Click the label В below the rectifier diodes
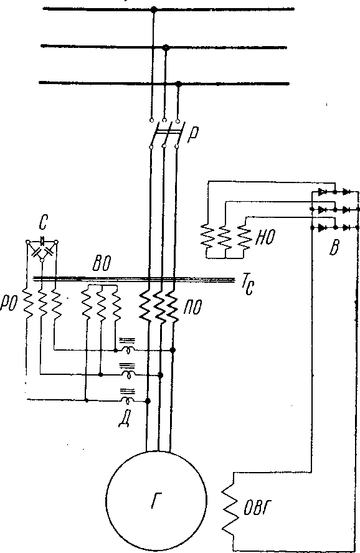click(334, 248)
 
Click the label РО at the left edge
click(9, 304)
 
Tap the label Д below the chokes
click(124, 419)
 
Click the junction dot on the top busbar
click(153, 9)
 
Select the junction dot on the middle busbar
click(167, 47)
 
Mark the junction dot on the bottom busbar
click(179, 84)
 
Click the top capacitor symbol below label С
click(42, 241)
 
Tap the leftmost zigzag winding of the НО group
click(207, 236)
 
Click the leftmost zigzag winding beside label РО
click(28, 301)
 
